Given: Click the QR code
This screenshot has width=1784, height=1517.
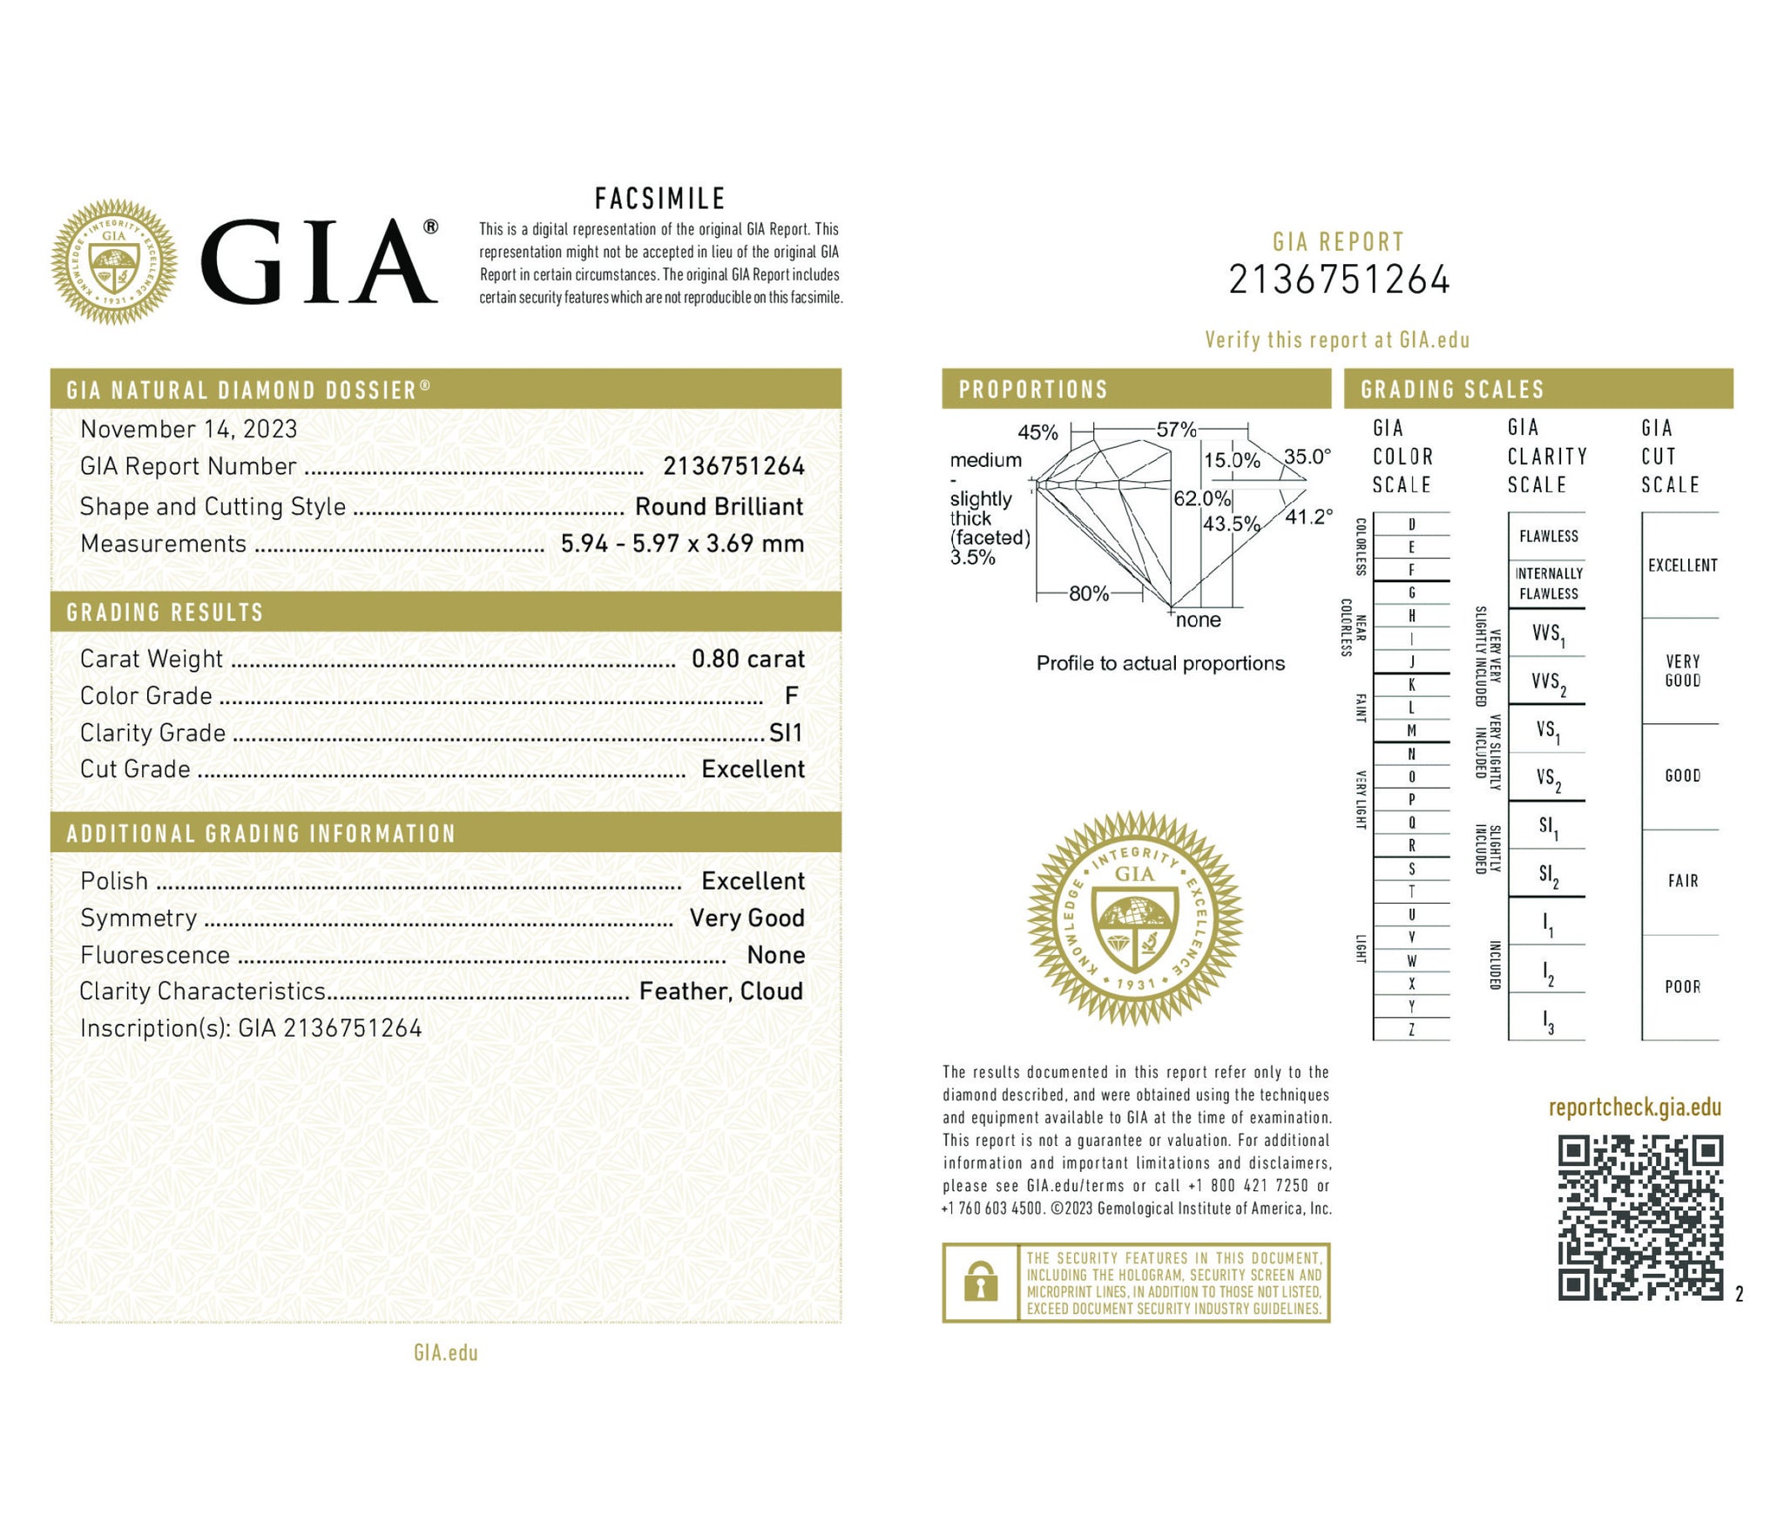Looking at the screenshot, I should (1640, 1217).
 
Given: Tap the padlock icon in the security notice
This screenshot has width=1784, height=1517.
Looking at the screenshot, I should (981, 1283).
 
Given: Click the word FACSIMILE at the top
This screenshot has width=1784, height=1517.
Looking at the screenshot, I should (659, 199).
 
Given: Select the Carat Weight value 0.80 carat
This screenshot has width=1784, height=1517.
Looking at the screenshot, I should (747, 659).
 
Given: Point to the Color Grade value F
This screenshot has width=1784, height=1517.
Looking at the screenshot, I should (791, 695).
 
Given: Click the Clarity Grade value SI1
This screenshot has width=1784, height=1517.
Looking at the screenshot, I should (785, 733).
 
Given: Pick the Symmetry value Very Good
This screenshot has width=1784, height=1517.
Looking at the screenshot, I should (747, 918).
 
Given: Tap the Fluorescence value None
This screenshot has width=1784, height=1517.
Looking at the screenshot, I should (775, 955).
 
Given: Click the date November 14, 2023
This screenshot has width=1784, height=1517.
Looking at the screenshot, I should (189, 429).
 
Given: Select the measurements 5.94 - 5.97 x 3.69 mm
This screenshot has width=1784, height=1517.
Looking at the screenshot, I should (682, 544).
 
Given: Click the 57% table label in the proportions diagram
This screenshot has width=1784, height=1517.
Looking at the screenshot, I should (1176, 430).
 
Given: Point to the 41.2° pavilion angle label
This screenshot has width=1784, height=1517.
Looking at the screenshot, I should (1308, 517).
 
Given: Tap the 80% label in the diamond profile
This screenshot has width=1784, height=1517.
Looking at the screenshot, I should (1089, 594).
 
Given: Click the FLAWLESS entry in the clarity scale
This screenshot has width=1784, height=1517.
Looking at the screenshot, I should (1548, 536).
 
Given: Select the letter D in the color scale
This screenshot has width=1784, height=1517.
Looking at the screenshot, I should (1412, 525).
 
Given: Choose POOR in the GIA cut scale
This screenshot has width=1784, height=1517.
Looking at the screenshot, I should (1682, 986).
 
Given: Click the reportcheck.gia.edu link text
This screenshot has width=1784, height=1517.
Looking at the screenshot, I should (1634, 1107).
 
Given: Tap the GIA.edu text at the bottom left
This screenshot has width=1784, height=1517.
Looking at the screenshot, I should (446, 1352).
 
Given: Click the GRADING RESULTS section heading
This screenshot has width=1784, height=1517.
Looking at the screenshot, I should (165, 613).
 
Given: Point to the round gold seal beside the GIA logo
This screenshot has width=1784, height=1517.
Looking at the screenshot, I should (114, 262).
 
